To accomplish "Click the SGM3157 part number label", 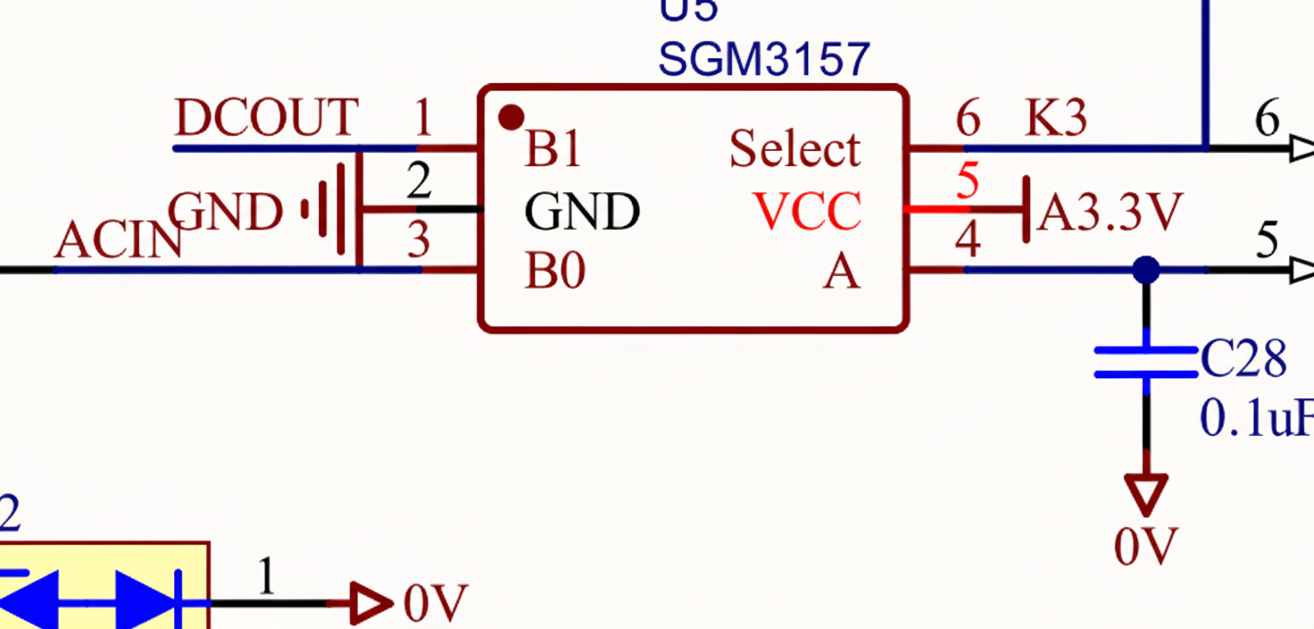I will coord(763,60).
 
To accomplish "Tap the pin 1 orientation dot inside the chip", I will coord(511,116).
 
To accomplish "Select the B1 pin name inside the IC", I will coord(553,149).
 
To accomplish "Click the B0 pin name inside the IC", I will coord(554,271).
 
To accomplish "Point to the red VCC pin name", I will coord(808,211).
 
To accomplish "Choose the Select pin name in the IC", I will coord(794,149).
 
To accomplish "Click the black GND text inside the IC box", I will coord(581,212).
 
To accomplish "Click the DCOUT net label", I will coord(266,118).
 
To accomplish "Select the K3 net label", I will coord(1056,118).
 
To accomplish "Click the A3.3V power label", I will coord(1110,213).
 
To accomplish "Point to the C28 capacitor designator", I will coord(1243,359).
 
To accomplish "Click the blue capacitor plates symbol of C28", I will coord(1145,361).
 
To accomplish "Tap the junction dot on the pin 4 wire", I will coord(1145,269).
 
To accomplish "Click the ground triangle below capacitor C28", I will coord(1145,492).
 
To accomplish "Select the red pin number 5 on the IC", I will coord(968,181).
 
